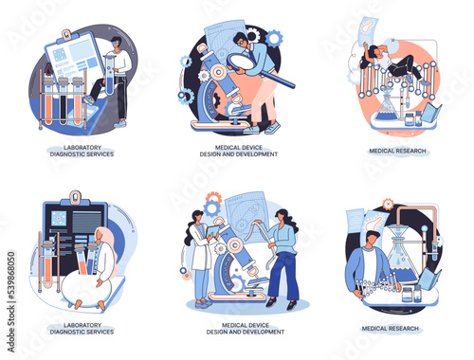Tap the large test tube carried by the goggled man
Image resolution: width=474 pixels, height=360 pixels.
[109, 75]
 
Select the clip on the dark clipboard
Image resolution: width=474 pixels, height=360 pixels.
[75, 197]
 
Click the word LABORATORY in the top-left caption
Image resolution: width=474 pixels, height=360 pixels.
[82, 148]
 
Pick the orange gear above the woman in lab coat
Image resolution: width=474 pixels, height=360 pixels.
[213, 198]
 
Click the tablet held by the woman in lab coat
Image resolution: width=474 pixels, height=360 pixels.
[213, 231]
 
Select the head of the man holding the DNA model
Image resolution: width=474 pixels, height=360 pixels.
[373, 238]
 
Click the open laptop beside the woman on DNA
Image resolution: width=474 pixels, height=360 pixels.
[431, 113]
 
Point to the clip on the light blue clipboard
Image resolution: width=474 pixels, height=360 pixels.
[66, 35]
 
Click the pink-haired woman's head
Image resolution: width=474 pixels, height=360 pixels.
[101, 235]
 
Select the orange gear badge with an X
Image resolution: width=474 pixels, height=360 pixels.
[388, 205]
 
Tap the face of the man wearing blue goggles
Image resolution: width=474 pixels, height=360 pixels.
[116, 42]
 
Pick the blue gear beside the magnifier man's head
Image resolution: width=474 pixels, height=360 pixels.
[274, 39]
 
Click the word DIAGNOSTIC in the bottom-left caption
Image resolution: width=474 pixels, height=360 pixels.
[66, 332]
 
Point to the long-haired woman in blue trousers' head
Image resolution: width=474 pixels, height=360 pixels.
[281, 216]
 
